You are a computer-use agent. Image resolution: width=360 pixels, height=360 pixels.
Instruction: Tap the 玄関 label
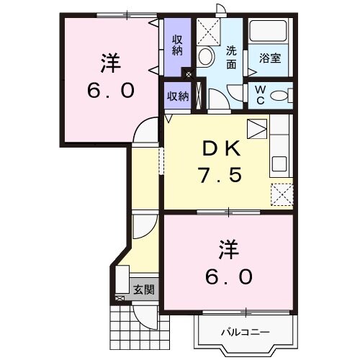tap(143, 290)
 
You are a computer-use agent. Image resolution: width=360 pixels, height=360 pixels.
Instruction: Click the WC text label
tap(261, 94)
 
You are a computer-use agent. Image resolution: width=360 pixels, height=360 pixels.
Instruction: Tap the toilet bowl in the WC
tap(281, 94)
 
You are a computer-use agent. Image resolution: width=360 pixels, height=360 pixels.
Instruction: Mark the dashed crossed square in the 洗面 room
tap(210, 31)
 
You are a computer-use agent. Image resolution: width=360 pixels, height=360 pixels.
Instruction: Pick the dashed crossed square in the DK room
tap(280, 193)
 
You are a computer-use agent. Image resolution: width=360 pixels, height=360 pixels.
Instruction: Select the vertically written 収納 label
tap(177, 45)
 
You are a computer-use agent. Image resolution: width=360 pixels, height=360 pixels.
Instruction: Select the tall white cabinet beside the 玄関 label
tap(121, 282)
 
